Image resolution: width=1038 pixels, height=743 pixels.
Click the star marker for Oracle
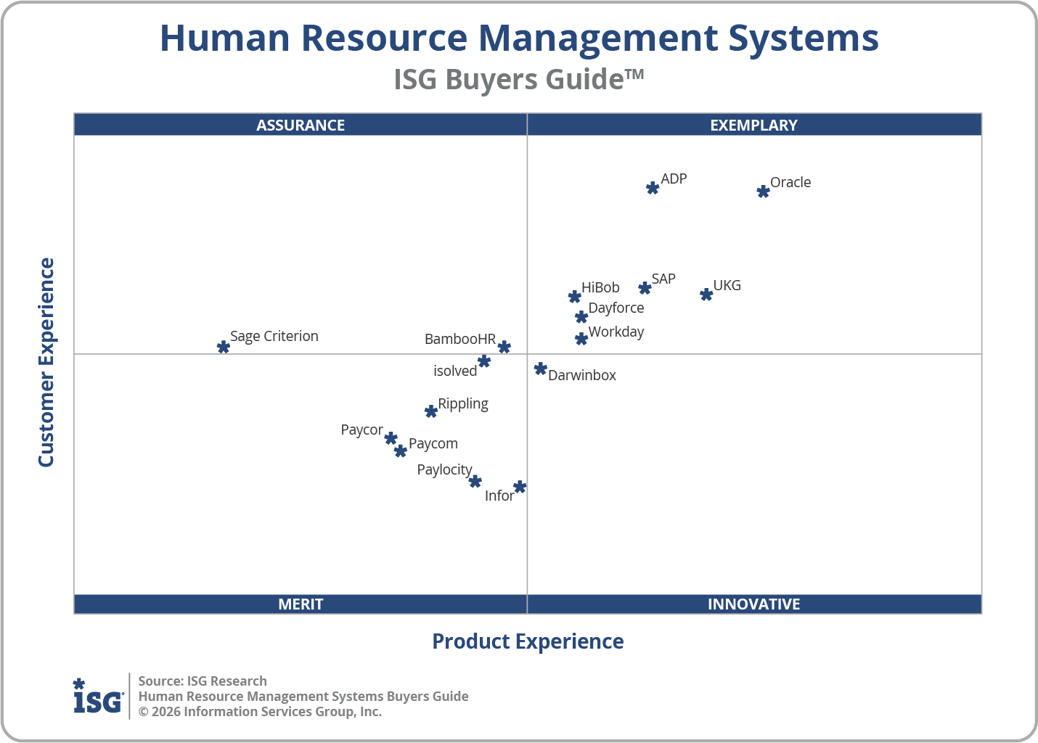point(763,192)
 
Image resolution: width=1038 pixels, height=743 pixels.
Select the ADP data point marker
point(653,188)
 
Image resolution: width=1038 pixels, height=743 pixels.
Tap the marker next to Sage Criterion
point(224,347)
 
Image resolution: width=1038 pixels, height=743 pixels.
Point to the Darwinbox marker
point(540,369)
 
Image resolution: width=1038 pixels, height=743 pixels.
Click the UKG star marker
point(706,294)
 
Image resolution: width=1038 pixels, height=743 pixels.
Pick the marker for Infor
point(520,487)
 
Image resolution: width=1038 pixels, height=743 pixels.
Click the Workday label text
point(616,332)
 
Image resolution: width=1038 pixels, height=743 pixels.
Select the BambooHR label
point(460,339)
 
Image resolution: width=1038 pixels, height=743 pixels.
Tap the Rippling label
point(463,403)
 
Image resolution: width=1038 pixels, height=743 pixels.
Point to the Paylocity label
point(444,469)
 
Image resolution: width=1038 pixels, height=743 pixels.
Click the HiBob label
point(600,287)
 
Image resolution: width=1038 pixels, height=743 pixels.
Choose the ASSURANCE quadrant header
point(301,125)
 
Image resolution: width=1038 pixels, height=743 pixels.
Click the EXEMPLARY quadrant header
point(753,125)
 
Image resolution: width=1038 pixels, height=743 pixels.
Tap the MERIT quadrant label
point(301,604)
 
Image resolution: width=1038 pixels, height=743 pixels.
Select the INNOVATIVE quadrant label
point(753,604)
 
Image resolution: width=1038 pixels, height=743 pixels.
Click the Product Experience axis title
point(528,641)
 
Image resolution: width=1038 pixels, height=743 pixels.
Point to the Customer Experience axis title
point(46,363)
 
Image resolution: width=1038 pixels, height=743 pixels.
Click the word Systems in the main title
point(804,38)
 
